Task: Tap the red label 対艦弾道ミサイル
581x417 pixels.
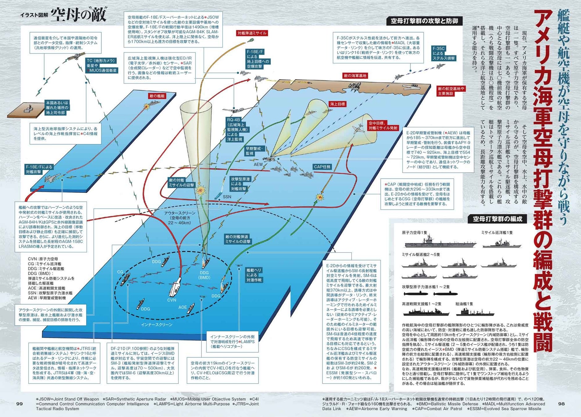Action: [x=252, y=33]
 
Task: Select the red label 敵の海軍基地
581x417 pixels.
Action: [x=355, y=76]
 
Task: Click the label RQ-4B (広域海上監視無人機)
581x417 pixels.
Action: [x=238, y=129]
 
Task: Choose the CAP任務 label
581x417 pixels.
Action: [x=322, y=167]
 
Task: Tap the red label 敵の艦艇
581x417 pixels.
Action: [x=157, y=96]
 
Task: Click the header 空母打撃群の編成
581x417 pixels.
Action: [x=497, y=219]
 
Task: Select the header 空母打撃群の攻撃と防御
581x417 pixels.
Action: [x=424, y=21]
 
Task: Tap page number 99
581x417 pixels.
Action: [x=19, y=404]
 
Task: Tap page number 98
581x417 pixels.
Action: [x=562, y=404]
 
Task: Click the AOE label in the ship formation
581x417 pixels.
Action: [x=182, y=307]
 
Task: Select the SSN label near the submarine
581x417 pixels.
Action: [x=227, y=197]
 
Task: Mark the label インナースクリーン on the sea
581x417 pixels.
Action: [x=157, y=325]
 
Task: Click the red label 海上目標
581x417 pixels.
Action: [x=337, y=104]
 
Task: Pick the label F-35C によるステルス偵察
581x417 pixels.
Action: [x=443, y=53]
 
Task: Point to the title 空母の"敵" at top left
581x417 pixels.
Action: [x=78, y=15]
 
